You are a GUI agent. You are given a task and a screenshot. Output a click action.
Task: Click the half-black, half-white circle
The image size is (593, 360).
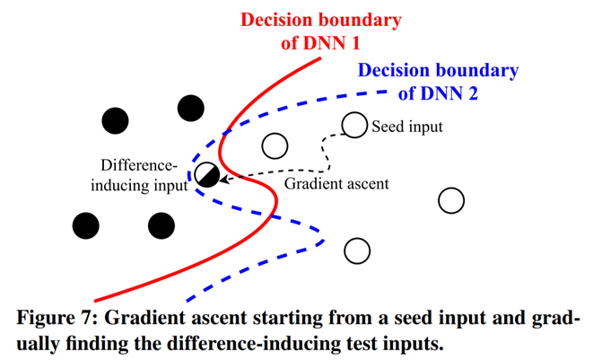point(207,174)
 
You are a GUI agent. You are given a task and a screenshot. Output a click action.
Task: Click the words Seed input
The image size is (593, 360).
point(407,127)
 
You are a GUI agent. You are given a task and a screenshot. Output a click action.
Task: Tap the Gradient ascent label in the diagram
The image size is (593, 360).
point(336,184)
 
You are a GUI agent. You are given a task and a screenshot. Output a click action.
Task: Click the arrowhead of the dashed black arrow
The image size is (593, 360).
point(224,179)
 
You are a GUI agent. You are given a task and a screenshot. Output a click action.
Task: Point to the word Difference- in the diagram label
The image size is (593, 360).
point(139,165)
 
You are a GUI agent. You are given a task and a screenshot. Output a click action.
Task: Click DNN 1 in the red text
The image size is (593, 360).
point(331,43)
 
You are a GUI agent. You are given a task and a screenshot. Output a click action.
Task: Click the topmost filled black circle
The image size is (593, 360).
point(191,109)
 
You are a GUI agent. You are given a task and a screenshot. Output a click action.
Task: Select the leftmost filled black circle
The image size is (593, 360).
point(86,225)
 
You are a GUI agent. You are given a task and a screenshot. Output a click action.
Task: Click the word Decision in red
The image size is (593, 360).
point(275,20)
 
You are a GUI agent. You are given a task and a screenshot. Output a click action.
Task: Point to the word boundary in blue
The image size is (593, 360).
point(477,71)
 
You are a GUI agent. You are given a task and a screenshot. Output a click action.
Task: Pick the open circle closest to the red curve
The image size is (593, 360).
point(275,145)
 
